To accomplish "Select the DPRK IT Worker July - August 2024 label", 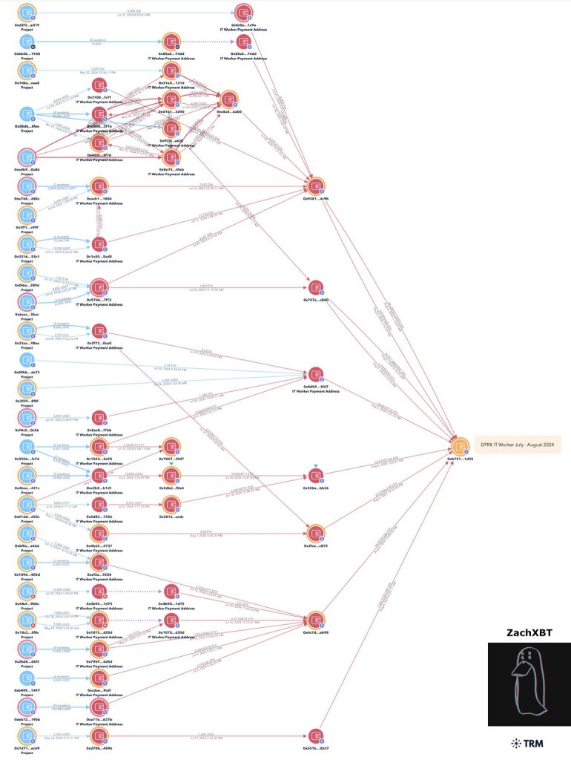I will [518, 445].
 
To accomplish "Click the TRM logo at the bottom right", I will [523, 743].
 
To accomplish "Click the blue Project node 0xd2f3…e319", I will [27, 13].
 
